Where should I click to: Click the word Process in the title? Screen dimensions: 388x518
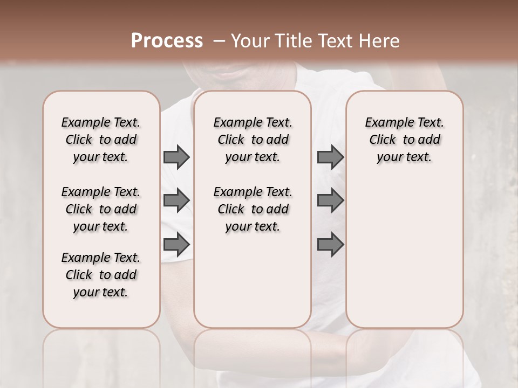(x=167, y=41)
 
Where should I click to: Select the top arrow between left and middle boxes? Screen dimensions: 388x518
(x=176, y=157)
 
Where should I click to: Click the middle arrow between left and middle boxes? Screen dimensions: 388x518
(x=176, y=200)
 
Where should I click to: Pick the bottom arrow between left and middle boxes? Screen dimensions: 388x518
(x=176, y=245)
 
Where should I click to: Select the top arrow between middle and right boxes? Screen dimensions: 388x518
(x=330, y=157)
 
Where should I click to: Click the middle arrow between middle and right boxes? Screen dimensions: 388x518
(x=330, y=200)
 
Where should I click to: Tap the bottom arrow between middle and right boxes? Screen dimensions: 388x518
(x=330, y=245)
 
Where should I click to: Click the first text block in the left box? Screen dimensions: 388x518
(x=101, y=140)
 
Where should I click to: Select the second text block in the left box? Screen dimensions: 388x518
(x=101, y=209)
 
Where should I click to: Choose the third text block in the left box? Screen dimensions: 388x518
(x=101, y=275)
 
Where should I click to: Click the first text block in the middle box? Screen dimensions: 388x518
(x=253, y=140)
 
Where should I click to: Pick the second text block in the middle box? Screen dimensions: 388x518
(x=253, y=209)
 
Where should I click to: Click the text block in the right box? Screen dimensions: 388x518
(x=405, y=140)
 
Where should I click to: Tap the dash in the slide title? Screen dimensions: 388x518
(x=219, y=41)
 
